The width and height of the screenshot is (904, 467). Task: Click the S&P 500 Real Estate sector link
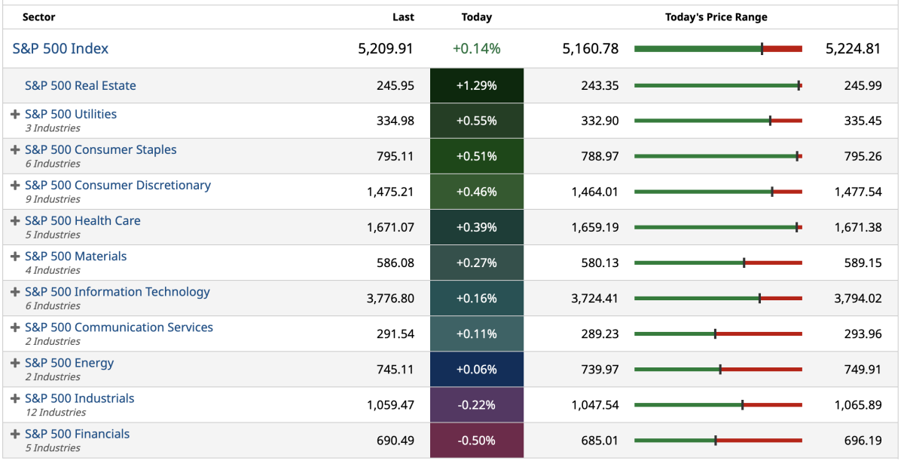[81, 86]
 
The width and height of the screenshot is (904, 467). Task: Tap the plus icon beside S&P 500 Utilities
[15, 115]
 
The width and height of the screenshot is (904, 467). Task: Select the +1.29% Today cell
[476, 86]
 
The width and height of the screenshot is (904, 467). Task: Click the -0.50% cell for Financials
[476, 441]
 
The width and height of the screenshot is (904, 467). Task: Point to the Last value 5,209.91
[386, 49]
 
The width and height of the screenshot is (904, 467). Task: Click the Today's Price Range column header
[716, 17]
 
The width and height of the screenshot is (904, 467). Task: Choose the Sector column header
[38, 17]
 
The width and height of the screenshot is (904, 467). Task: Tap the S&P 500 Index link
[60, 49]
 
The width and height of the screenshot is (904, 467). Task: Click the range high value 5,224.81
[853, 49]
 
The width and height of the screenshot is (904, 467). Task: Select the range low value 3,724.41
[594, 299]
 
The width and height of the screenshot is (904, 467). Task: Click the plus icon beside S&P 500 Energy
[15, 363]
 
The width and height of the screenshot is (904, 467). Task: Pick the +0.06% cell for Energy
[476, 370]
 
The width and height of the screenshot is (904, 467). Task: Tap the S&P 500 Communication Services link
[119, 327]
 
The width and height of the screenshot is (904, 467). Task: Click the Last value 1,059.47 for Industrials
[390, 405]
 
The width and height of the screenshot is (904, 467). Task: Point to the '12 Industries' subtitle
[56, 413]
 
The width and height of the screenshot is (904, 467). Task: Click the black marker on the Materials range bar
[744, 263]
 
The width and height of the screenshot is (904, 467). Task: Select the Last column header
[403, 17]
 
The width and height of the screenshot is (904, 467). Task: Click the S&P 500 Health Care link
[83, 221]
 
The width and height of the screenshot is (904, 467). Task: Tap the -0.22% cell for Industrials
[476, 405]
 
